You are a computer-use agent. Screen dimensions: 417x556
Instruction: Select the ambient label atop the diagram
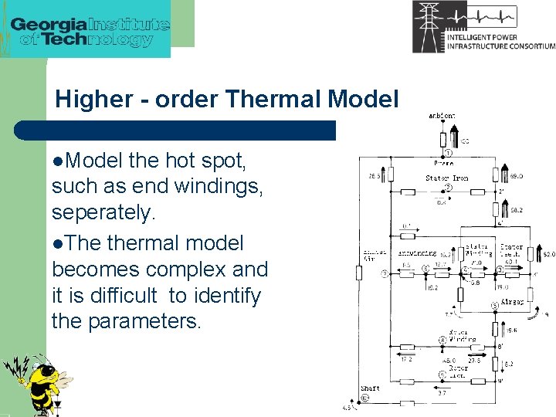(442, 116)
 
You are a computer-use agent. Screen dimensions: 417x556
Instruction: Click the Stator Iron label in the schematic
(446, 178)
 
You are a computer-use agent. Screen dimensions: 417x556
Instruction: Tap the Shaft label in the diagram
(370, 388)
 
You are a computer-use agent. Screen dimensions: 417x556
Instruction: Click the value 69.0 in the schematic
(516, 175)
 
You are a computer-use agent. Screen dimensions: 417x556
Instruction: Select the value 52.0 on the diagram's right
(548, 253)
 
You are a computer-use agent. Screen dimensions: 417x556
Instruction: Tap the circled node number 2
(449, 188)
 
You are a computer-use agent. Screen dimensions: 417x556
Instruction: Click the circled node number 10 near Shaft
(365, 398)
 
